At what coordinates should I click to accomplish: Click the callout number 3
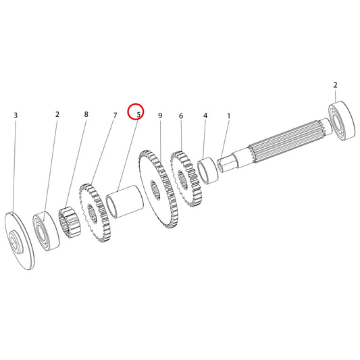point(16,115)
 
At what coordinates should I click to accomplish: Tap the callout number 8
point(86,114)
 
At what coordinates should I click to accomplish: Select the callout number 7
point(115,115)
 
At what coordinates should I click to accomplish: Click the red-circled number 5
point(138,115)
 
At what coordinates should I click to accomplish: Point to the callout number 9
point(160,115)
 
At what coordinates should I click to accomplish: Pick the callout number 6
point(181,116)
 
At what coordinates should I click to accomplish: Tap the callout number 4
point(205,115)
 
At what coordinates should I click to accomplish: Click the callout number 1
point(229,116)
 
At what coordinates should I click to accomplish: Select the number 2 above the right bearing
point(335,85)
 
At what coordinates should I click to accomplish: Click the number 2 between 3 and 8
point(57,114)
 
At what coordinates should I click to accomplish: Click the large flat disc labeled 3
point(20,240)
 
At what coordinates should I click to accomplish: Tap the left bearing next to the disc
point(46,231)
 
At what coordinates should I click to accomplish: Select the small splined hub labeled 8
point(70,222)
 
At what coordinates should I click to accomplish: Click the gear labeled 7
point(95,213)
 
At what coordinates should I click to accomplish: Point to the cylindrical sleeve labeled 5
point(125,201)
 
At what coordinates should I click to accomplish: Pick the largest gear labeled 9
point(159,189)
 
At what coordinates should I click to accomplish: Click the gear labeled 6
point(186,178)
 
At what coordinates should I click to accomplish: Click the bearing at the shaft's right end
point(342,120)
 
